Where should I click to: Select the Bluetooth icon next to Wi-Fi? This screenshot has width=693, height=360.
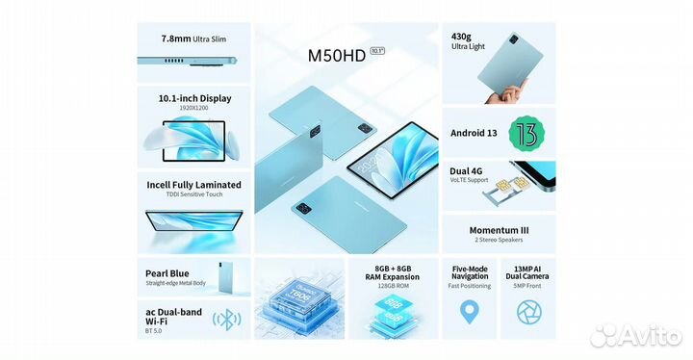(226, 319)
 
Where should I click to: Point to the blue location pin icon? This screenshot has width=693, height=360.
(470, 312)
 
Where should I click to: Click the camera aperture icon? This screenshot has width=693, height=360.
(527, 312)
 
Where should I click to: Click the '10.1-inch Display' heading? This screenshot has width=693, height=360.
(194, 98)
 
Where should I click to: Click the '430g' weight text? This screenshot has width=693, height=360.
(461, 37)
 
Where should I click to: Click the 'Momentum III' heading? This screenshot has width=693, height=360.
(499, 232)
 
